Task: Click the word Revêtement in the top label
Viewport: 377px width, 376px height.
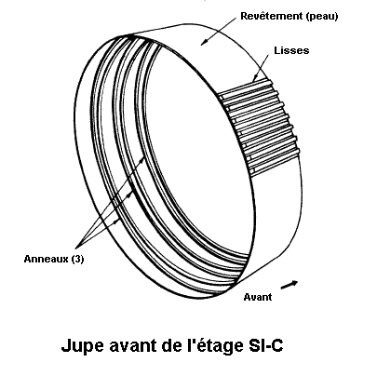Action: pos(272,16)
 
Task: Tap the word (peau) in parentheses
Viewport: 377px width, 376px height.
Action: pos(322,17)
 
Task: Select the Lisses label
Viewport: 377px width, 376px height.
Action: pos(291,50)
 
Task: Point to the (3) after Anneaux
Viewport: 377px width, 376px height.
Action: pos(77,259)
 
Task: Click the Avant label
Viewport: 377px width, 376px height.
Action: pos(258,297)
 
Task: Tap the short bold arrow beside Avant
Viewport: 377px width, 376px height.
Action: pos(289,285)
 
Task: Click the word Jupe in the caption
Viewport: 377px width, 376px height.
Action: pos(82,346)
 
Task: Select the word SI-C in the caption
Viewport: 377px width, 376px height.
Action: pos(265,345)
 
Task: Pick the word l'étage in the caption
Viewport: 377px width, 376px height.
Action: pos(215,346)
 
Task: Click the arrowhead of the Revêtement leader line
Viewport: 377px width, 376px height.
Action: pos(204,42)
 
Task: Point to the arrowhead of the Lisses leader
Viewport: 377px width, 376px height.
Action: pos(255,78)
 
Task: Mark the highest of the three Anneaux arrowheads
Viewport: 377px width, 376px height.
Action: pos(142,158)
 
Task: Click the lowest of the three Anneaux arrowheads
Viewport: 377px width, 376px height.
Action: pos(116,222)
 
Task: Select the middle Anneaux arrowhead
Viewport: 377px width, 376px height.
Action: pos(129,195)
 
